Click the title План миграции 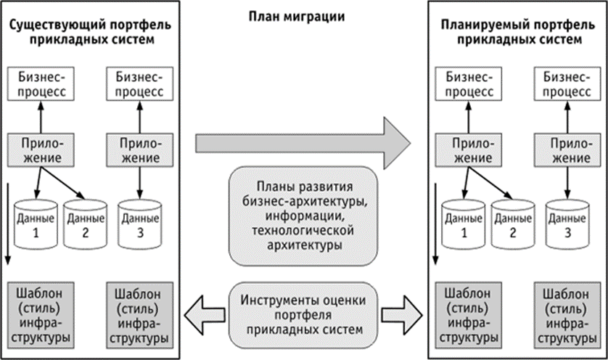[304, 17]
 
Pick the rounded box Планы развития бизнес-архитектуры [304, 214]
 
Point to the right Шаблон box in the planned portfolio [566, 314]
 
